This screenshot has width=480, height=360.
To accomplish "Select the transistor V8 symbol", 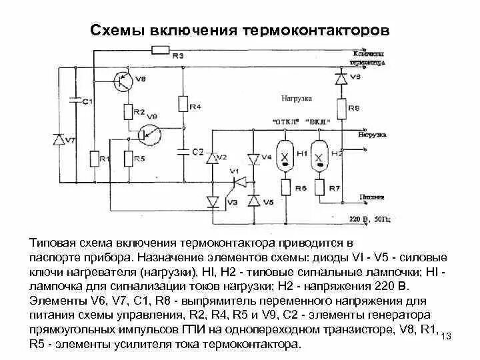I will pos(123,81).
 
